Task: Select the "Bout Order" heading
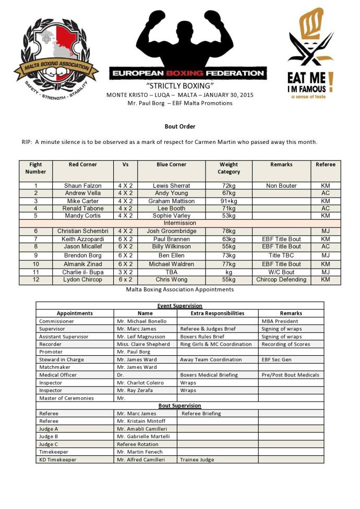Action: click(x=179, y=126)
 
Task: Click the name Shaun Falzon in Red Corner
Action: click(x=82, y=186)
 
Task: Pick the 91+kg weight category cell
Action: click(x=229, y=201)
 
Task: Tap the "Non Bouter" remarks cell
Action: click(x=281, y=186)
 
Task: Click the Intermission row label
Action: click(x=179, y=223)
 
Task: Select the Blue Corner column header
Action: click(x=171, y=165)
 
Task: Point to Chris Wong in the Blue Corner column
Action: click(x=171, y=280)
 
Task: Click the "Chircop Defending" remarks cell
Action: click(x=281, y=280)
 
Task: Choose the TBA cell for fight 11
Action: click(x=171, y=272)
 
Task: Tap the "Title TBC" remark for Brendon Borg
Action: click(x=281, y=256)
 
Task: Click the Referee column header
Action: click(x=326, y=165)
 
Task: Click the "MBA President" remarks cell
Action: click(x=280, y=321)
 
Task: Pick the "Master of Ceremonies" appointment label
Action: click(x=66, y=398)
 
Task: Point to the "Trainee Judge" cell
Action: click(x=197, y=459)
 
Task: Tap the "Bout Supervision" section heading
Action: click(x=179, y=405)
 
